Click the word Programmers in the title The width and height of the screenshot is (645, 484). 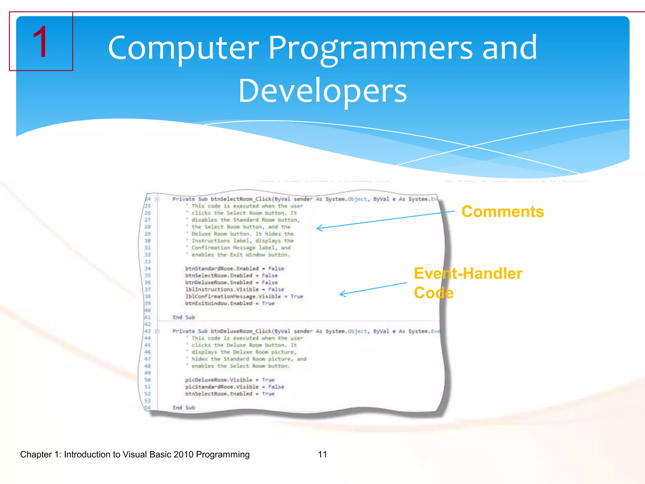pyautogui.click(x=370, y=48)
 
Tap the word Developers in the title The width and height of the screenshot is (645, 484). pyautogui.click(x=322, y=91)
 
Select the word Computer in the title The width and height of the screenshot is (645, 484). pyautogui.click(x=183, y=48)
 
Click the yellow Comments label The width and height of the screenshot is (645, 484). pyautogui.click(x=503, y=211)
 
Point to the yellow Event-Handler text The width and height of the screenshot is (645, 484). pyautogui.click(x=468, y=274)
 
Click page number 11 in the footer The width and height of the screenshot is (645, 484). pyautogui.click(x=322, y=454)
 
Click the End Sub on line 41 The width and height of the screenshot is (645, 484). pyautogui.click(x=184, y=317)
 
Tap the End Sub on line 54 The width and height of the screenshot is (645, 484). pyautogui.click(x=184, y=408)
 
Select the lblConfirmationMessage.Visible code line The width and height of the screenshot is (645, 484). pyautogui.click(x=244, y=297)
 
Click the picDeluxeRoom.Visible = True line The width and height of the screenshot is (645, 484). pyautogui.click(x=230, y=380)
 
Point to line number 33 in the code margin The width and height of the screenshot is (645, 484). pyautogui.click(x=147, y=262)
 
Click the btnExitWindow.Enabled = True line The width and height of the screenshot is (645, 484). pyautogui.click(x=230, y=303)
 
